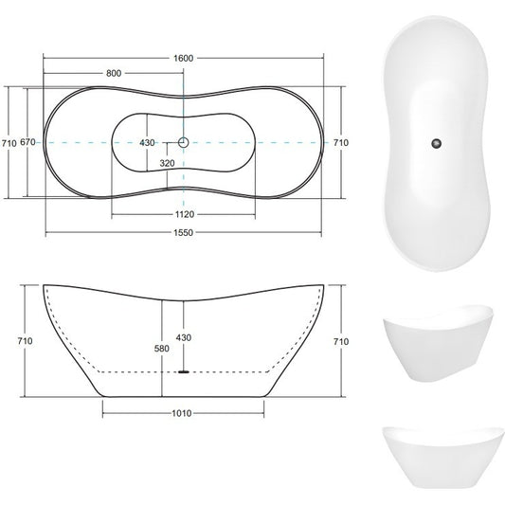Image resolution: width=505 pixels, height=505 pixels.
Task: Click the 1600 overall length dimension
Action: click(x=183, y=59)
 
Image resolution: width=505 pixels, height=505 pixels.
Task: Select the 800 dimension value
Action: click(x=114, y=74)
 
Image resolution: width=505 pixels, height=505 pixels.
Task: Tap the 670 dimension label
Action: click(x=27, y=142)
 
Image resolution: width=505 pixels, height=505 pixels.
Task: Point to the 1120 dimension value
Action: click(x=185, y=214)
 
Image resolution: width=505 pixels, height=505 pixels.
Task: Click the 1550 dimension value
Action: click(x=183, y=232)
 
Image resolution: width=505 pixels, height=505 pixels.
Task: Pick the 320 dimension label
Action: click(x=167, y=163)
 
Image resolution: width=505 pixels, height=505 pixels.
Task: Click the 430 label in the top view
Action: click(x=147, y=143)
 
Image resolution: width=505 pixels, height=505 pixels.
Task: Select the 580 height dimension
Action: click(x=162, y=349)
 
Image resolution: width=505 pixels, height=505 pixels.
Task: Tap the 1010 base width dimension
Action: click(x=182, y=413)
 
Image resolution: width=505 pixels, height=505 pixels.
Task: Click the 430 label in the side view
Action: click(x=184, y=338)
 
